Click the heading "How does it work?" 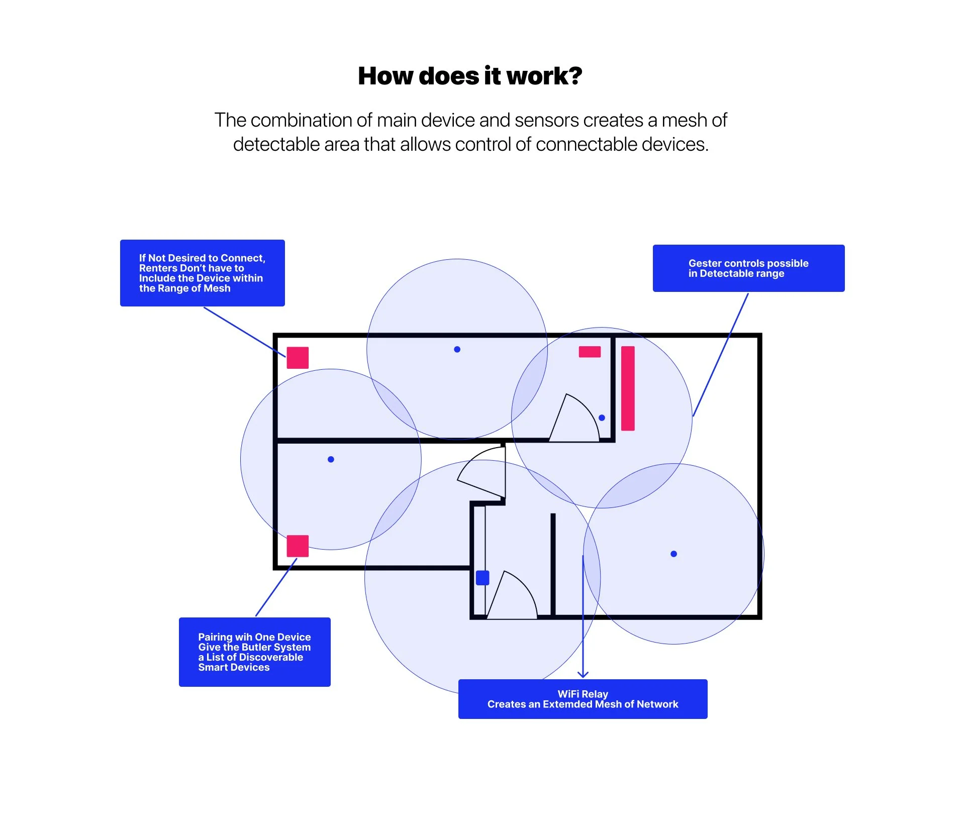[x=470, y=76]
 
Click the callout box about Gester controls [x=748, y=268]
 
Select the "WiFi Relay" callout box [x=583, y=699]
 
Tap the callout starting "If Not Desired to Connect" [x=202, y=273]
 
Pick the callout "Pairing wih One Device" [x=254, y=652]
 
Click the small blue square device [x=482, y=578]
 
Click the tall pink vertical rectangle [x=628, y=388]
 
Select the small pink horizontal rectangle [x=590, y=352]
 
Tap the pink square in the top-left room [x=298, y=358]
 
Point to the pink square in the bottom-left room [x=298, y=546]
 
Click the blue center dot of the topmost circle [x=457, y=349]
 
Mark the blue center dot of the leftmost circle [x=331, y=459]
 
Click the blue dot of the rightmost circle [x=673, y=554]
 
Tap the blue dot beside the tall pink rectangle [x=602, y=417]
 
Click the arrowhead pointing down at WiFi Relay [x=583, y=674]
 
